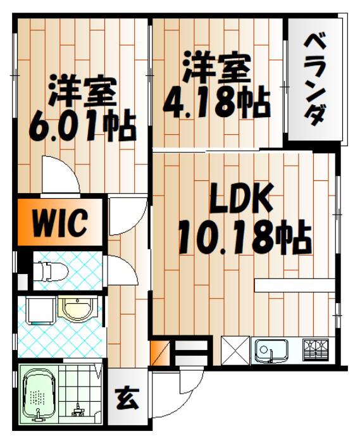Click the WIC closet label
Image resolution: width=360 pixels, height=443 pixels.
(59, 222)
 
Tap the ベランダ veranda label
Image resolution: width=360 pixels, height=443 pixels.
(315, 80)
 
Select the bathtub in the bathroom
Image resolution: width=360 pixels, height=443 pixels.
(38, 395)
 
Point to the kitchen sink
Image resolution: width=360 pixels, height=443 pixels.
(271, 351)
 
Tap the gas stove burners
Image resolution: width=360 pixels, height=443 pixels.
(316, 350)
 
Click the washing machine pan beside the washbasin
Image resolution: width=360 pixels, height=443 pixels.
(40, 310)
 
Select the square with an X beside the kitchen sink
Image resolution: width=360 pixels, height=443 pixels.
(235, 351)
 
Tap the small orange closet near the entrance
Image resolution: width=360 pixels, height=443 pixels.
(159, 353)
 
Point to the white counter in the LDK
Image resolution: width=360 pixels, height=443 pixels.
(294, 285)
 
